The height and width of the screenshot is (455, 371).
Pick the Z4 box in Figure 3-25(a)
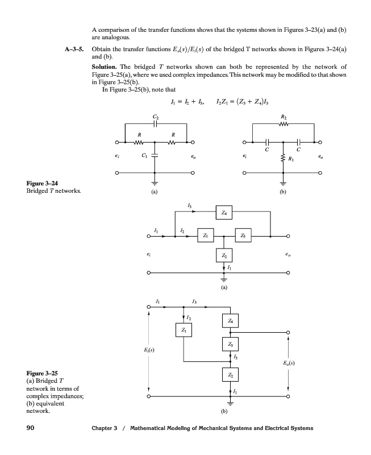(x=224, y=214)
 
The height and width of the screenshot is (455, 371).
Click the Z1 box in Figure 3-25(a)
(x=205, y=235)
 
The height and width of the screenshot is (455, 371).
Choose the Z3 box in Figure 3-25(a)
(x=243, y=235)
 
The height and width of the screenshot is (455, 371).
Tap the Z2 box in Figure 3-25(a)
(x=224, y=255)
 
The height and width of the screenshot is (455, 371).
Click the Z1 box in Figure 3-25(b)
(x=183, y=330)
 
